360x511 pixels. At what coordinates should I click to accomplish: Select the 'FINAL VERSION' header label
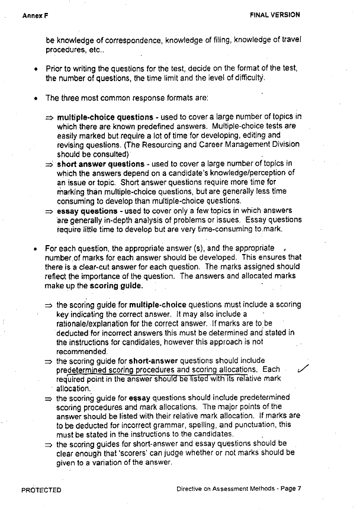pyautogui.click(x=275, y=15)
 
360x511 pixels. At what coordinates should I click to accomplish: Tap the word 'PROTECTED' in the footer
pyautogui.click(x=41, y=490)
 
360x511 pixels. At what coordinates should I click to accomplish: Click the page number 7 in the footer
pyautogui.click(x=300, y=489)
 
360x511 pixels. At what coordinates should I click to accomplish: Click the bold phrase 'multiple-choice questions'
pyautogui.click(x=105, y=117)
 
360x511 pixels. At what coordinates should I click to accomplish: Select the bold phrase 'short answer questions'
pyautogui.click(x=100, y=164)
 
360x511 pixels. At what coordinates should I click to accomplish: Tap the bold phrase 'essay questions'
pyautogui.click(x=87, y=211)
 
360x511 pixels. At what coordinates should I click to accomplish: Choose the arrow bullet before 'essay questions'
pyautogui.click(x=50, y=211)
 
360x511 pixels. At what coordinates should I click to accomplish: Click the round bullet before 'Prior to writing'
pyautogui.click(x=37, y=69)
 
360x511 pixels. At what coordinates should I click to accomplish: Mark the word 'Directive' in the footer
pyautogui.click(x=191, y=489)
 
